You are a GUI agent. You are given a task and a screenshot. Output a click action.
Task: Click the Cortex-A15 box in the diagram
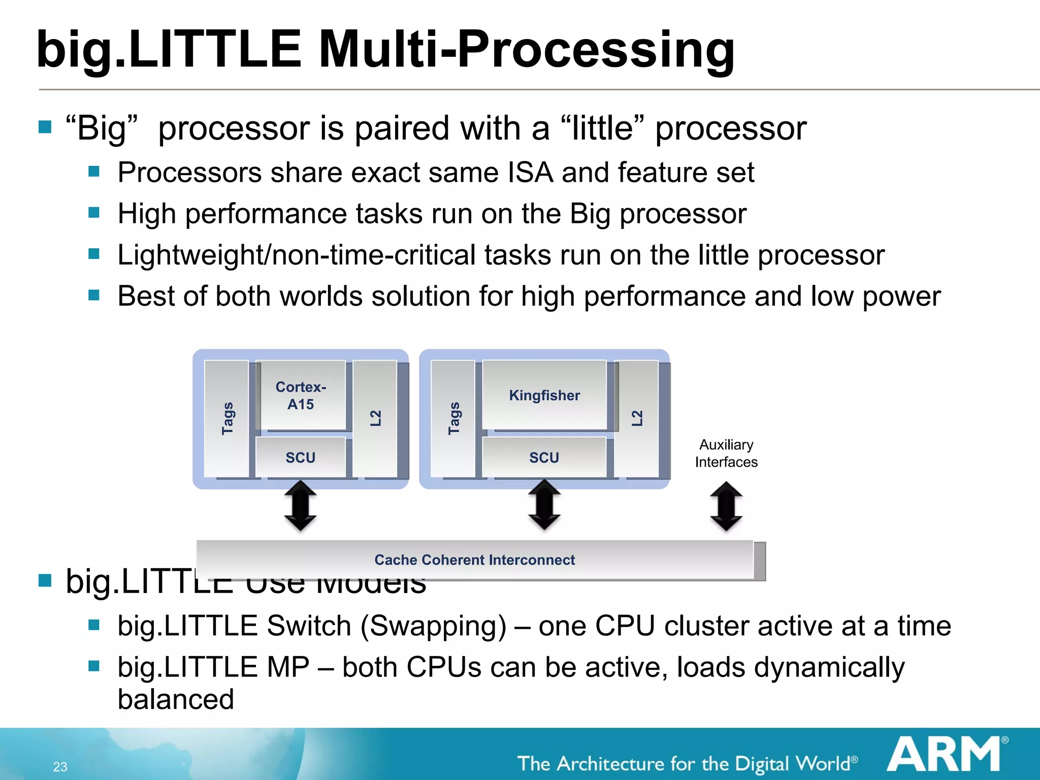301,395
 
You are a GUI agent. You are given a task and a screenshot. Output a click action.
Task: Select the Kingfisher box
544,395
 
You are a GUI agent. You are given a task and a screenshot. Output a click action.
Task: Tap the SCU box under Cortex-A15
301,457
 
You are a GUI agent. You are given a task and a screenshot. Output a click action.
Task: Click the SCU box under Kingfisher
544,457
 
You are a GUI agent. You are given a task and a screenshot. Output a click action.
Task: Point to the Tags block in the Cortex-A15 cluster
227,418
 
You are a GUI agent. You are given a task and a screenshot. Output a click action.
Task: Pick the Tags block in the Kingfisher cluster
453,418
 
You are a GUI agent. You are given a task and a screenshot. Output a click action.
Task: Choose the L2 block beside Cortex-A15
375,418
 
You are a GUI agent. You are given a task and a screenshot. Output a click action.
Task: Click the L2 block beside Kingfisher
637,418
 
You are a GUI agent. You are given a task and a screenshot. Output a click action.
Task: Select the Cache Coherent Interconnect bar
474,560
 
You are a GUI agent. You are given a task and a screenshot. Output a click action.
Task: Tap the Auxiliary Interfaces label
726,453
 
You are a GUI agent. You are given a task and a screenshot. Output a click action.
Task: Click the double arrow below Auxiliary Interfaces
726,506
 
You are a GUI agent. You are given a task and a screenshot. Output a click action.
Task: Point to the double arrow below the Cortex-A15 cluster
301,506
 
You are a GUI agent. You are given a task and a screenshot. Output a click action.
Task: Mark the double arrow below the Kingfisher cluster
544,505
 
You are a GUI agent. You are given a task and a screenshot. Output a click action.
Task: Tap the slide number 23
60,767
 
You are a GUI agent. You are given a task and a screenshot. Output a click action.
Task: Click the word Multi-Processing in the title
527,49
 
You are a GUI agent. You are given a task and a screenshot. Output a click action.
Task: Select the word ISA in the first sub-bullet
530,173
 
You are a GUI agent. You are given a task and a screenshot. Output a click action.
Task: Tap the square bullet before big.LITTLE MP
94,666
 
